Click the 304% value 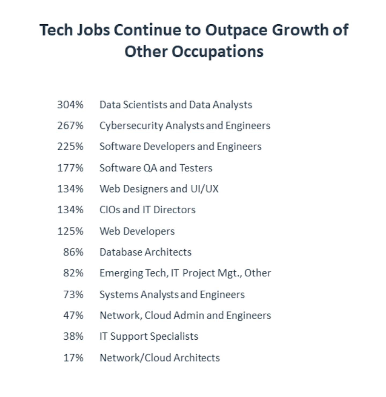[x=70, y=105]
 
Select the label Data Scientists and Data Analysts [x=176, y=105]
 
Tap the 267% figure [x=70, y=125]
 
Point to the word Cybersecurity [x=131, y=126]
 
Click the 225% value [x=70, y=147]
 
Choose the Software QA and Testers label [x=156, y=168]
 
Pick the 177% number [x=70, y=168]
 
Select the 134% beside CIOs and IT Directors [x=70, y=210]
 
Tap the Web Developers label [x=137, y=231]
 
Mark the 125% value [x=70, y=231]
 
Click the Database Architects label [x=146, y=252]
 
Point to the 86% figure [x=73, y=252]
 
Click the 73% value [x=73, y=294]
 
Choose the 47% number [x=73, y=315]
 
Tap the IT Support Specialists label [x=149, y=336]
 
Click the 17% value [x=73, y=358]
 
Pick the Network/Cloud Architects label [x=159, y=358]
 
